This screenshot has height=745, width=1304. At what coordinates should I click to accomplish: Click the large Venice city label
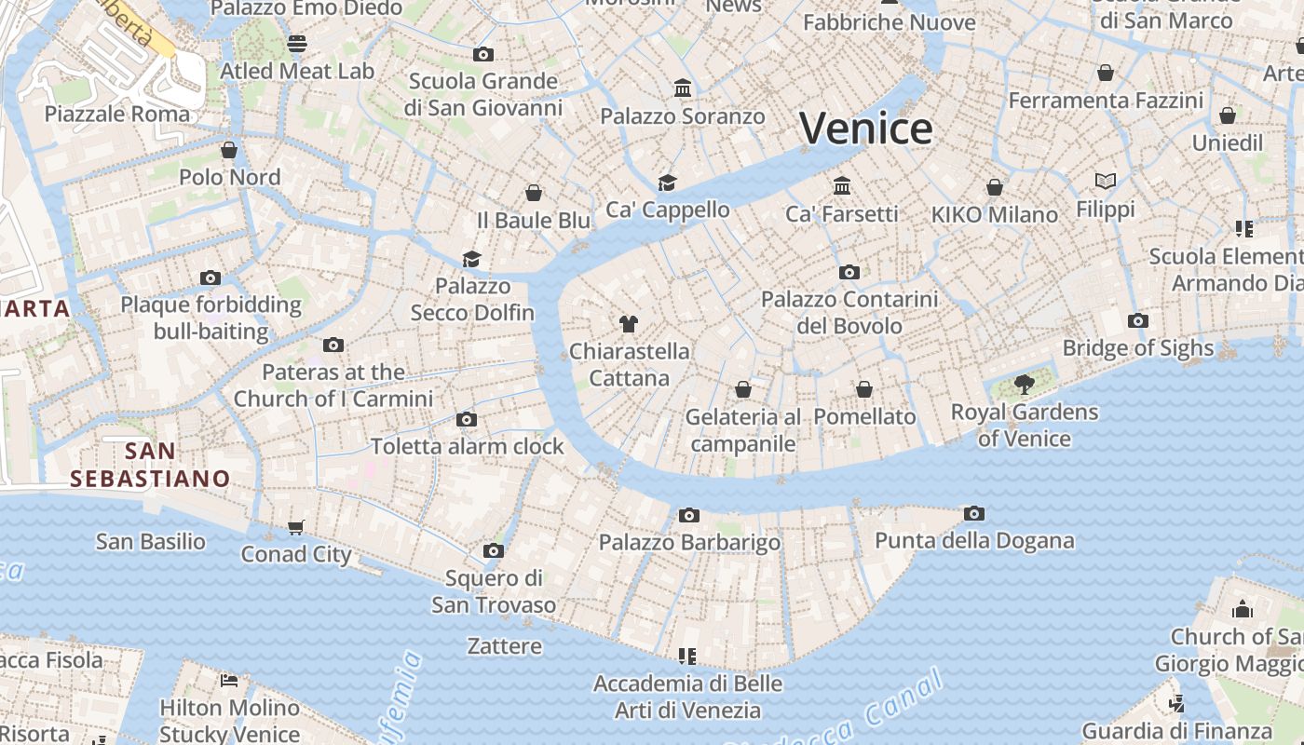(865, 129)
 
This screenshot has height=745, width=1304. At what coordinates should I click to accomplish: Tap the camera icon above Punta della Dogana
(973, 513)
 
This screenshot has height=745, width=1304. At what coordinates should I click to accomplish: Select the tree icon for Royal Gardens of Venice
(1024, 384)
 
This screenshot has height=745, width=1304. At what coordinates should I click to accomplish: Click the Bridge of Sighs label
(1138, 348)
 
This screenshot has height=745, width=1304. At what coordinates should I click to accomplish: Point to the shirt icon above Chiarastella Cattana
(629, 324)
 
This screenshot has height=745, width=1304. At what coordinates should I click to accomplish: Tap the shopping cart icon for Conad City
(296, 528)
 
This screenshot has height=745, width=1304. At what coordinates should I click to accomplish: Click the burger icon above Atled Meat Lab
(297, 44)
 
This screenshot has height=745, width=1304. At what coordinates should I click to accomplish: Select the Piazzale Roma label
(117, 114)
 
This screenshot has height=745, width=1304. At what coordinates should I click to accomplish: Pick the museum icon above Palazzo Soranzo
(683, 88)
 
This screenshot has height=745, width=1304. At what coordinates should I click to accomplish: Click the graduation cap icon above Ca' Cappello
(667, 183)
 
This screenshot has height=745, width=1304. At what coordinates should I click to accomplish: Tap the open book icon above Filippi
(1106, 181)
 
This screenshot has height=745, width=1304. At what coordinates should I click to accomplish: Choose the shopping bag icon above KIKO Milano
(995, 187)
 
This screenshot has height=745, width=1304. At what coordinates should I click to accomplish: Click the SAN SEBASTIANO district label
(150, 465)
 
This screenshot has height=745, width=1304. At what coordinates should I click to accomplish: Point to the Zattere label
(504, 645)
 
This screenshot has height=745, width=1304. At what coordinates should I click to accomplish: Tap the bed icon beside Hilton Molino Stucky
(229, 680)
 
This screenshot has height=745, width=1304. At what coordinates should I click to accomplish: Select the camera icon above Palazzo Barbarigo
(688, 515)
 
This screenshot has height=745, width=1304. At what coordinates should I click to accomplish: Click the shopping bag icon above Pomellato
(864, 389)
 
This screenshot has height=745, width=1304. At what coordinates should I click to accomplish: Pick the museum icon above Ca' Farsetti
(842, 185)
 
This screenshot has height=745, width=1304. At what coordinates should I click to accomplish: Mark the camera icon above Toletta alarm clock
(467, 419)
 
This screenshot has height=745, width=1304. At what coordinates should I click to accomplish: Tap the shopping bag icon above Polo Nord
(229, 150)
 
